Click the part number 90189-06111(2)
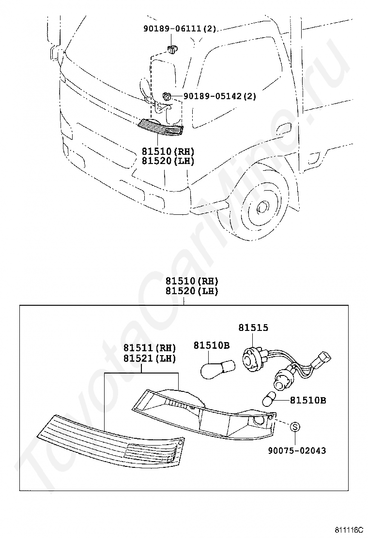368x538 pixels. tap(180, 29)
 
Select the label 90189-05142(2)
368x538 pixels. tap(219, 96)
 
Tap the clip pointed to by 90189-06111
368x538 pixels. tap(173, 48)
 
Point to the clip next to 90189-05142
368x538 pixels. tap(167, 96)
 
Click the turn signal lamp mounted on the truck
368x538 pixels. tap(161, 126)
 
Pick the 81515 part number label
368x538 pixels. tap(253, 328)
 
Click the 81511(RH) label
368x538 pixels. tap(149, 348)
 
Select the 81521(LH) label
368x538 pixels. tap(149, 359)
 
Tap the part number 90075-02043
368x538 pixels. tap(297, 450)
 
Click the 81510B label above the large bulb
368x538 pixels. tap(212, 345)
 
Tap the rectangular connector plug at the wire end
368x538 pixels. tap(323, 359)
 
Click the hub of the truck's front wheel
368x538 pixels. tap(263, 207)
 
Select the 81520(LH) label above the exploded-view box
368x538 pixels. tap(191, 291)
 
